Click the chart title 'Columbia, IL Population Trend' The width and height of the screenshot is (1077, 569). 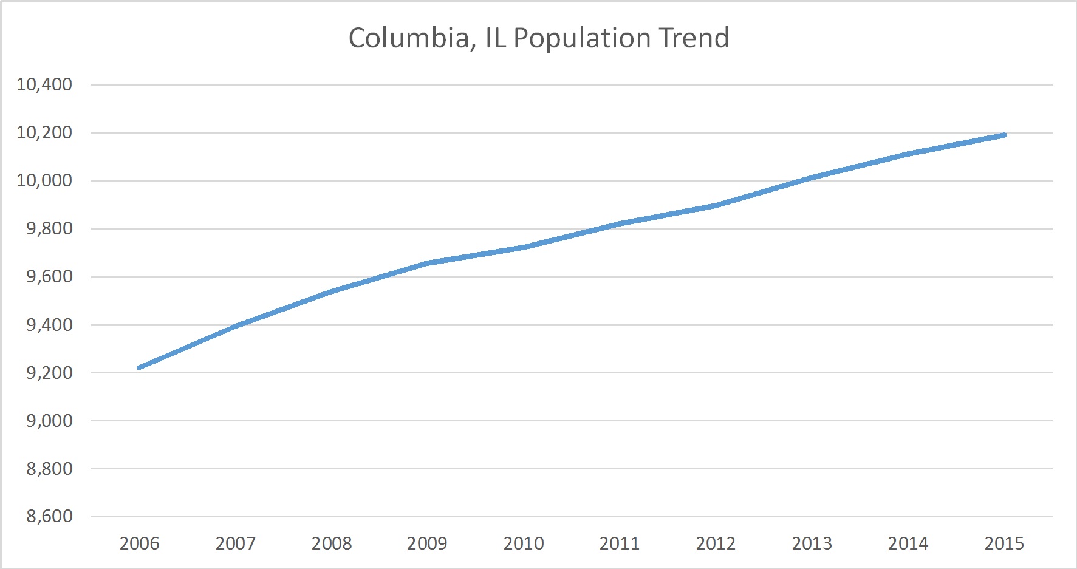[538, 38]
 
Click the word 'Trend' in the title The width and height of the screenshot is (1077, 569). [694, 38]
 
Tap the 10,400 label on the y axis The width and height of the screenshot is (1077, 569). [44, 84]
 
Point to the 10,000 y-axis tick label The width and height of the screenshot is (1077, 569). [44, 180]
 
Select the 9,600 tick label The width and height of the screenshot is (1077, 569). [49, 277]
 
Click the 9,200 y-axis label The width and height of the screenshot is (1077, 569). [49, 373]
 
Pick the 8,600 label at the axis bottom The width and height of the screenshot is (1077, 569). [49, 517]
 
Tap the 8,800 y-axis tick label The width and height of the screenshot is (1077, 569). [49, 469]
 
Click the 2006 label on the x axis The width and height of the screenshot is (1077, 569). [139, 543]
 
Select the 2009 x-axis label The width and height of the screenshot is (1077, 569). [427, 543]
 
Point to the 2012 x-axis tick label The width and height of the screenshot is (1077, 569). [716, 543]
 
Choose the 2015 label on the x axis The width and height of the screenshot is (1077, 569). [1004, 543]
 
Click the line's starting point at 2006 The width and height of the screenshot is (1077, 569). [140, 367]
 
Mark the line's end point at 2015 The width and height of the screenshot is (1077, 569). [1004, 135]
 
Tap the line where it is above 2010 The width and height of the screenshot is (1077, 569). [524, 247]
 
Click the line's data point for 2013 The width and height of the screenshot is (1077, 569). [812, 177]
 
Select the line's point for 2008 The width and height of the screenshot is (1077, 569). [332, 291]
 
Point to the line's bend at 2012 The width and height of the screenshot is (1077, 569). [716, 205]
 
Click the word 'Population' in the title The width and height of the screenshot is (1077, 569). [582, 38]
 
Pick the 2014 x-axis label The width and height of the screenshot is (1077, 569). [908, 543]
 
